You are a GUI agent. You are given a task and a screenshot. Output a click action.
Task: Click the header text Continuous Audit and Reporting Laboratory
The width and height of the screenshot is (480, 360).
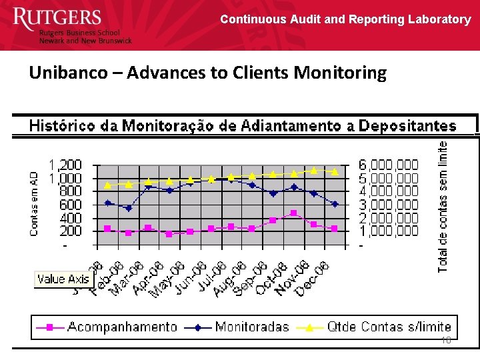click(x=345, y=19)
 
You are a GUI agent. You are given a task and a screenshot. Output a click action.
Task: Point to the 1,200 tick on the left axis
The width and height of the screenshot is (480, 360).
click(x=65, y=165)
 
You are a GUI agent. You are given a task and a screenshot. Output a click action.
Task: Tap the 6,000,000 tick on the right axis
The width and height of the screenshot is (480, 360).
click(x=389, y=165)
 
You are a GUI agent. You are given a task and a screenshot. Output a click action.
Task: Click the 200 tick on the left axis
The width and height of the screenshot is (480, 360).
click(x=70, y=231)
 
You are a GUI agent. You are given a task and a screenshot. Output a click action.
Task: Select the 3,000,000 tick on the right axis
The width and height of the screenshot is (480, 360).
click(x=389, y=205)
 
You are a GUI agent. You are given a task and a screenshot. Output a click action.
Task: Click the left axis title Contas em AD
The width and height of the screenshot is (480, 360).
click(x=33, y=203)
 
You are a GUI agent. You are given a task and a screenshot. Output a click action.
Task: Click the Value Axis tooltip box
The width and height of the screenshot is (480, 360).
click(x=65, y=279)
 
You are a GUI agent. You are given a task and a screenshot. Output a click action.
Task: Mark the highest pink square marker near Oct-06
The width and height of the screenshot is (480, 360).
click(x=293, y=213)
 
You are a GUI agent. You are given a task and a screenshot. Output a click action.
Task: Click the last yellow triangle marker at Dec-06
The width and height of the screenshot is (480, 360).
click(x=335, y=172)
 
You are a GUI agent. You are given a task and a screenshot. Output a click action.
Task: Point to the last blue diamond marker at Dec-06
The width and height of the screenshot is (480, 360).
click(x=335, y=204)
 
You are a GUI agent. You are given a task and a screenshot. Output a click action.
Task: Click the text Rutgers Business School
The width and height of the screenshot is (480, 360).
click(x=79, y=33)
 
